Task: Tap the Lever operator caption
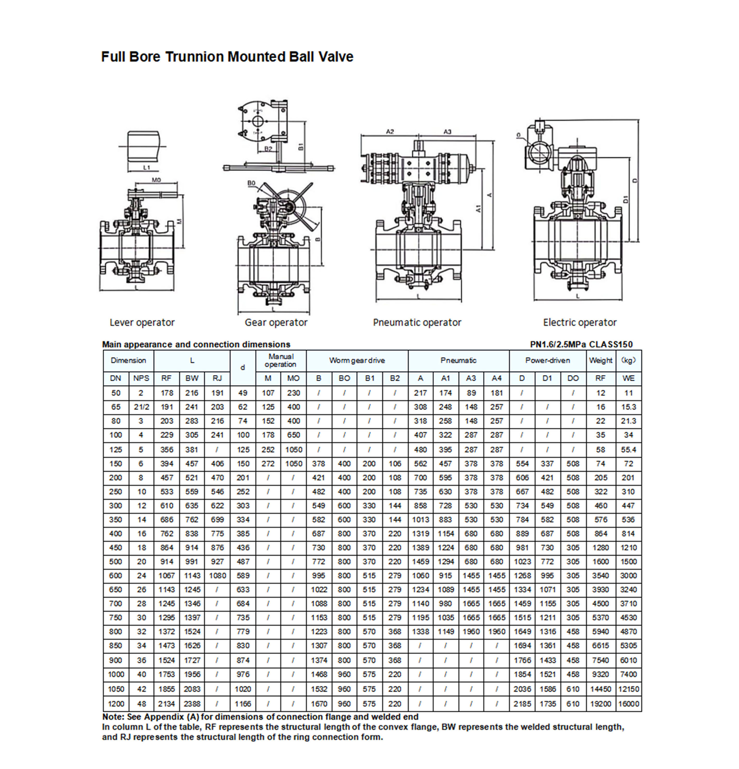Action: tap(142, 322)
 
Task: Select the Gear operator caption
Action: tap(276, 322)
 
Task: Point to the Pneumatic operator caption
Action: tap(417, 322)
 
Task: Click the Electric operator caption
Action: tap(579, 322)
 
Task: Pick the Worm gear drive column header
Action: tap(357, 360)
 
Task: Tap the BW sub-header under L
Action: tap(192, 378)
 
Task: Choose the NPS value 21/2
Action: tap(141, 407)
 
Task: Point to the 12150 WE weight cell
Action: tap(628, 689)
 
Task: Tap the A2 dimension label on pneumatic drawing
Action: tap(389, 132)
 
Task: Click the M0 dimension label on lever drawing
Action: tap(156, 180)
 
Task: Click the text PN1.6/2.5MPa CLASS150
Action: tap(581, 345)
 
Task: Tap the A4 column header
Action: tap(496, 378)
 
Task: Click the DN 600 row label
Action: tap(116, 576)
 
